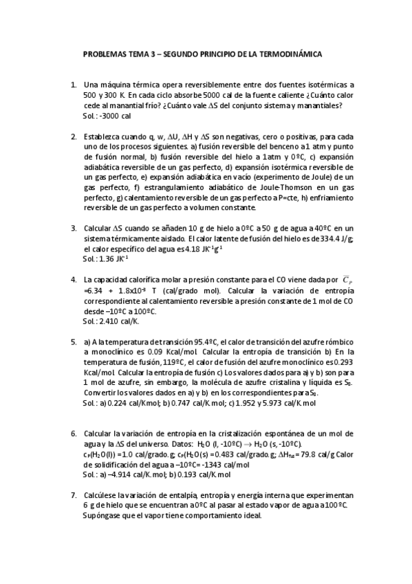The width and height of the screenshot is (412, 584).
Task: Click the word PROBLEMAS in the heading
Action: pyautogui.click(x=104, y=53)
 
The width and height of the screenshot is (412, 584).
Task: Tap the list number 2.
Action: pyautogui.click(x=74, y=136)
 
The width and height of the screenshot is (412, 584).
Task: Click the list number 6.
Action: pyautogui.click(x=74, y=434)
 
